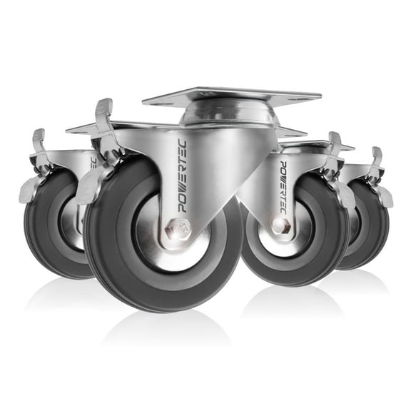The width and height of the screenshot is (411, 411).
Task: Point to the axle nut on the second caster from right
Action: [x=280, y=226]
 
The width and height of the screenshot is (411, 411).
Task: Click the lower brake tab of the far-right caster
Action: [x=386, y=197]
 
